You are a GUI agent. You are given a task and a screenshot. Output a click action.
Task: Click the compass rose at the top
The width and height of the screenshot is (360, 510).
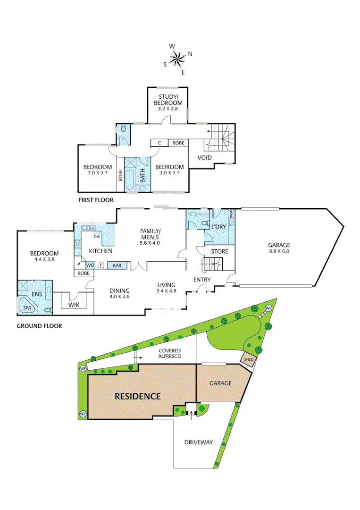click(x=177, y=59)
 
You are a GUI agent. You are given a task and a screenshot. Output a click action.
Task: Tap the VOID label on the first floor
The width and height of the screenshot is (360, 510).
click(x=204, y=157)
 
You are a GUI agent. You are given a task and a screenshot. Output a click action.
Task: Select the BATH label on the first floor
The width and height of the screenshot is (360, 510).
click(x=142, y=176)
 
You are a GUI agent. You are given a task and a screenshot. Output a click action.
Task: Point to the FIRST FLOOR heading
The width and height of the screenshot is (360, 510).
click(x=96, y=200)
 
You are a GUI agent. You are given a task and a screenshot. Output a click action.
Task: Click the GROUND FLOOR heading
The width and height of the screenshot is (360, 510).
click(x=39, y=326)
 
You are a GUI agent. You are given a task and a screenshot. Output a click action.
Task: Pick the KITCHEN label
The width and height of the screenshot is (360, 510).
click(x=100, y=251)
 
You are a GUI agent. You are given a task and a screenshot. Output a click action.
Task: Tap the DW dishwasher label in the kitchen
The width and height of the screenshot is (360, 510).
click(x=97, y=236)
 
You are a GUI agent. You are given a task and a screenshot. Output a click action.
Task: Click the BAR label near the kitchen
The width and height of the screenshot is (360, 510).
click(x=117, y=266)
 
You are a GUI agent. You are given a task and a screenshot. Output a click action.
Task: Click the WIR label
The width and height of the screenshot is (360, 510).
click(x=74, y=305)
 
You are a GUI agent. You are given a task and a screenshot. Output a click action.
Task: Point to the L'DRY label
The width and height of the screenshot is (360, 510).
click(x=219, y=227)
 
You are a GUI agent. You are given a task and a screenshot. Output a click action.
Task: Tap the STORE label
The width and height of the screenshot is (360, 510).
click(x=219, y=251)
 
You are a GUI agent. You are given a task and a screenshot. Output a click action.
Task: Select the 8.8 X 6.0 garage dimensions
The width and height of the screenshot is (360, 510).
click(x=279, y=253)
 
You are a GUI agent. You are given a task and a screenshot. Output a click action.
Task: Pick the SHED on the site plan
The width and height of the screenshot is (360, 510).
click(x=249, y=360)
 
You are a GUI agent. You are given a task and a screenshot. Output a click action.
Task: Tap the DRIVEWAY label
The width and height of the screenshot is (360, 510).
click(x=199, y=442)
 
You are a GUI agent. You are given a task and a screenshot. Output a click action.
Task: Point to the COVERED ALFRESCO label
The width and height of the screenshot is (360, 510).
click(x=170, y=353)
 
